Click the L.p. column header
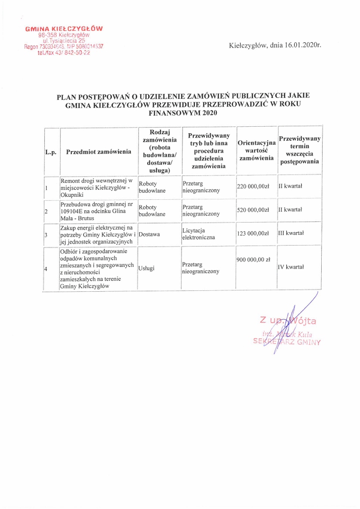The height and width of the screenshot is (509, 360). click(x=51, y=153)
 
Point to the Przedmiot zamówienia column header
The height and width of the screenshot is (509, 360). click(x=98, y=152)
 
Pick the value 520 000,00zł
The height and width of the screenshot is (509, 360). click(x=253, y=210)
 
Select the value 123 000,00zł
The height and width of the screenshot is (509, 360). click(x=253, y=233)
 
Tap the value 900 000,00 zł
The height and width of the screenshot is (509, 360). click(x=254, y=259)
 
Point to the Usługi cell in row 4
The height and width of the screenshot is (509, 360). click(x=147, y=268)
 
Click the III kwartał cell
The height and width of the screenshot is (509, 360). click(x=290, y=233)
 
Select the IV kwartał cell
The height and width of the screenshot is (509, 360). click(x=290, y=267)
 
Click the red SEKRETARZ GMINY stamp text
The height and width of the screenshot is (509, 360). click(x=286, y=342)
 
